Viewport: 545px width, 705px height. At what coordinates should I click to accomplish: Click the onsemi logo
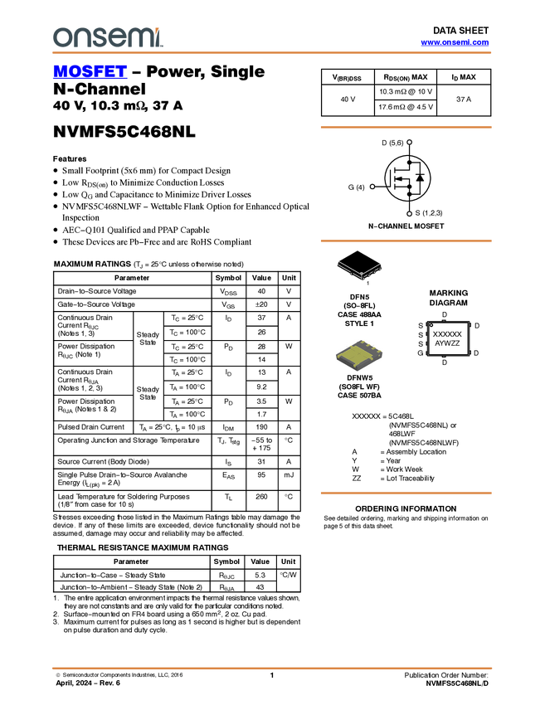[108, 37]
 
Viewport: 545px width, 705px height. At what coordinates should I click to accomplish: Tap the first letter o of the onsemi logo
[60, 37]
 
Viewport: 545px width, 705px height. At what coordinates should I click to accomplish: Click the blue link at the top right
[455, 42]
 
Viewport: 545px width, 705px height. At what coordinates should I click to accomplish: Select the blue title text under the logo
[90, 71]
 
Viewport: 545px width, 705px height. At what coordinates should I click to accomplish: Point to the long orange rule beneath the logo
[271, 53]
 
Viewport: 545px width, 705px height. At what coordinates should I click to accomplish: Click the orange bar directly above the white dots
[406, 127]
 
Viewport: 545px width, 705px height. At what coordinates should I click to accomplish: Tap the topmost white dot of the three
[410, 143]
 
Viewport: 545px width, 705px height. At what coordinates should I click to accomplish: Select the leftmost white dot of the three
[372, 187]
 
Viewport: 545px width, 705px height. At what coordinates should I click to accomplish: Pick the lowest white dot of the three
[410, 214]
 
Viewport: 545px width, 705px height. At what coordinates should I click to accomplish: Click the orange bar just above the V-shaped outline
[406, 241]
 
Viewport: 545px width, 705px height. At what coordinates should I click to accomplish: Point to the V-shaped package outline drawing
[360, 271]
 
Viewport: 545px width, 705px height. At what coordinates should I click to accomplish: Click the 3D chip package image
[359, 355]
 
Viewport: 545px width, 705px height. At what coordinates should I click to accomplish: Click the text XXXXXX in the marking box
[447, 333]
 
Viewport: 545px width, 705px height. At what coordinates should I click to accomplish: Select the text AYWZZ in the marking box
[447, 343]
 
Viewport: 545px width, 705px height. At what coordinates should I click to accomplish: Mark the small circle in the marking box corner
[431, 325]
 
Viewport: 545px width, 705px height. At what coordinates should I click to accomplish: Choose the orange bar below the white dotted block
[406, 493]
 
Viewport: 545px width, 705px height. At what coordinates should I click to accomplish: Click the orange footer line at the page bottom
[271, 668]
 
